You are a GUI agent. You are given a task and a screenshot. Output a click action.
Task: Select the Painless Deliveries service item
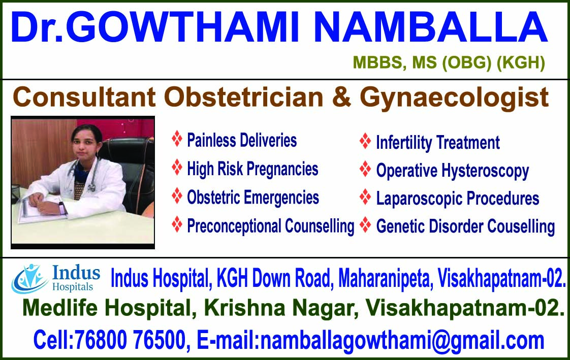click(x=241, y=140)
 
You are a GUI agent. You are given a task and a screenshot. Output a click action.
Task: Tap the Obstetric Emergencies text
click(x=252, y=197)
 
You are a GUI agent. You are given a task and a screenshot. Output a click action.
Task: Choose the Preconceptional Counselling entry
click(x=270, y=225)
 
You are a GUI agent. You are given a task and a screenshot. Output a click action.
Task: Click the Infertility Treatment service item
click(x=437, y=143)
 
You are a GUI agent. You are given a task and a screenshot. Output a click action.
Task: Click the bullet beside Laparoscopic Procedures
click(x=365, y=197)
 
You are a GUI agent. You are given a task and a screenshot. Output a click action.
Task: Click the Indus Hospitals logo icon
click(x=29, y=278)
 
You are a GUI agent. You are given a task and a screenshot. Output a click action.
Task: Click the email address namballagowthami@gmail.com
click(x=402, y=339)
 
